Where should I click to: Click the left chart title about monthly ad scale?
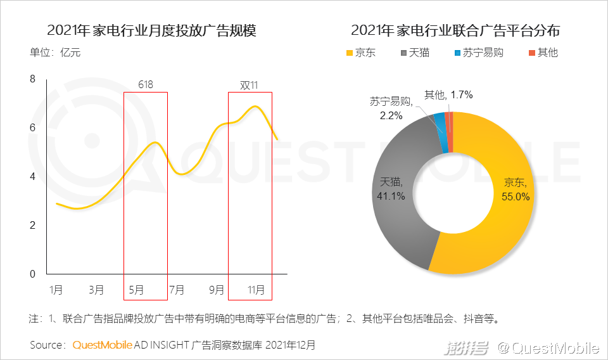(151, 30)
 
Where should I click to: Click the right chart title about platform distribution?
(455, 30)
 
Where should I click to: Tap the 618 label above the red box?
(146, 85)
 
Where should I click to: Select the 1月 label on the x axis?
(56, 290)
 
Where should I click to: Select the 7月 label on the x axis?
(177, 290)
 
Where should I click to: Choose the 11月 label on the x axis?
(256, 290)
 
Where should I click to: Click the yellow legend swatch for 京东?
(348, 53)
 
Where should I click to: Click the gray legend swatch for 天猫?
(403, 53)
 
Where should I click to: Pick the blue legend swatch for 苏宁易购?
(458, 53)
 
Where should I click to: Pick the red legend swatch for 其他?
(531, 53)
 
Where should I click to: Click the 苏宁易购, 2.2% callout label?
(391, 108)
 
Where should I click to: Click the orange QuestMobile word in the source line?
(103, 345)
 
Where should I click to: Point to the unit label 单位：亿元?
(55, 53)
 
